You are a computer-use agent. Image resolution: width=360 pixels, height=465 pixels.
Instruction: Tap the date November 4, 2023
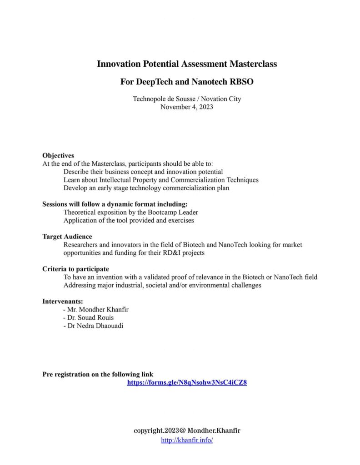click(x=187, y=107)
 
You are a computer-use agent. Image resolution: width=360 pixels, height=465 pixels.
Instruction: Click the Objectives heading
click(x=58, y=155)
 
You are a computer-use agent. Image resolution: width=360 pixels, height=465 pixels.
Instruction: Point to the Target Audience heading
click(x=67, y=237)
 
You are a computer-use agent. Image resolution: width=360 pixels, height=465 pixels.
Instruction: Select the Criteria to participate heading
click(x=75, y=269)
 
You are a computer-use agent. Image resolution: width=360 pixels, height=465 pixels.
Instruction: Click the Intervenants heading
click(x=63, y=301)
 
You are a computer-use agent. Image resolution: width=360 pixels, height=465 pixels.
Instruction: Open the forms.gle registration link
click(x=187, y=382)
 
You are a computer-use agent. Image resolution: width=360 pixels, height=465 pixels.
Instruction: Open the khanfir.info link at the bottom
click(x=187, y=440)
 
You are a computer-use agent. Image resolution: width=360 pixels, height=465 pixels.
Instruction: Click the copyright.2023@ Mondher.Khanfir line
click(x=187, y=430)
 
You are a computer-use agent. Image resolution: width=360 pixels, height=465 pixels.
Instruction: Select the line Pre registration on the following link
click(x=98, y=375)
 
